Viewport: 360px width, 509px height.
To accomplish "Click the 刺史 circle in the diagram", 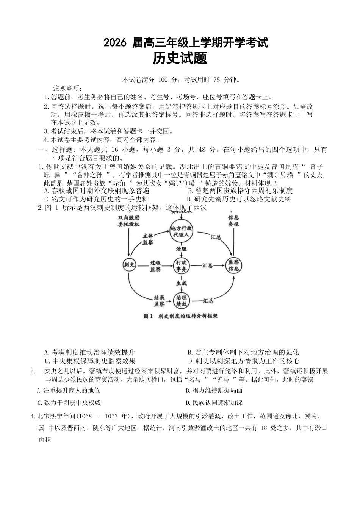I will (130, 265).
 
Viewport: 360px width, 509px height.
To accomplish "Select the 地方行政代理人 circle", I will (181, 231).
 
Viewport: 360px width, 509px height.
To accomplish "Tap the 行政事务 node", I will (181, 265).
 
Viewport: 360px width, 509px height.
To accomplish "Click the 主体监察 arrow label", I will (148, 239).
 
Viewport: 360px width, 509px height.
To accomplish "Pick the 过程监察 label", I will (155, 265).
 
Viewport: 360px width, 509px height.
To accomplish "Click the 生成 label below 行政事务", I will (181, 283).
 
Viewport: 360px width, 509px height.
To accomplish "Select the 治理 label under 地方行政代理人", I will (181, 249).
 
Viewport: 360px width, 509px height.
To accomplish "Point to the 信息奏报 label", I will (233, 221).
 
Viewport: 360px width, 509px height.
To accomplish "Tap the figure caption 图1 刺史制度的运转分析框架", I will (181, 316).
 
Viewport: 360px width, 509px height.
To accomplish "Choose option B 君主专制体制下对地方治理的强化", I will (244, 353).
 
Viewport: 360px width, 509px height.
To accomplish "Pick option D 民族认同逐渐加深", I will (214, 403).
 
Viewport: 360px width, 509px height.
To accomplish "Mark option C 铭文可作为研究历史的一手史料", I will (96, 199).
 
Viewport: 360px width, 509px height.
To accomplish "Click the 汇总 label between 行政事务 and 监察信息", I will (208, 265).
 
